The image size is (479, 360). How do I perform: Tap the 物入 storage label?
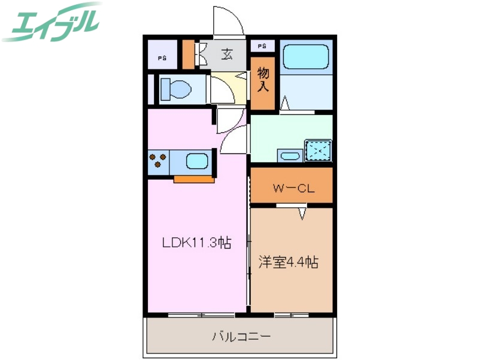[x=263, y=80]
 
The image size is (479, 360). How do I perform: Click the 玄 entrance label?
[x=227, y=55]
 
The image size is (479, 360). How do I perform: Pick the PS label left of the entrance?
[x=162, y=58]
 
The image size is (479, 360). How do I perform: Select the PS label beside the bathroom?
[x=263, y=46]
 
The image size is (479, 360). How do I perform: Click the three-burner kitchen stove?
[x=159, y=161]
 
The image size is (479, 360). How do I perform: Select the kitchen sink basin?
[x=198, y=161]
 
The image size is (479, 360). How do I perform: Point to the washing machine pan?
[x=317, y=150]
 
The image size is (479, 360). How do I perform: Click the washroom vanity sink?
[x=290, y=156]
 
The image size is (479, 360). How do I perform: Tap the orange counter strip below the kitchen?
[x=193, y=179]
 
